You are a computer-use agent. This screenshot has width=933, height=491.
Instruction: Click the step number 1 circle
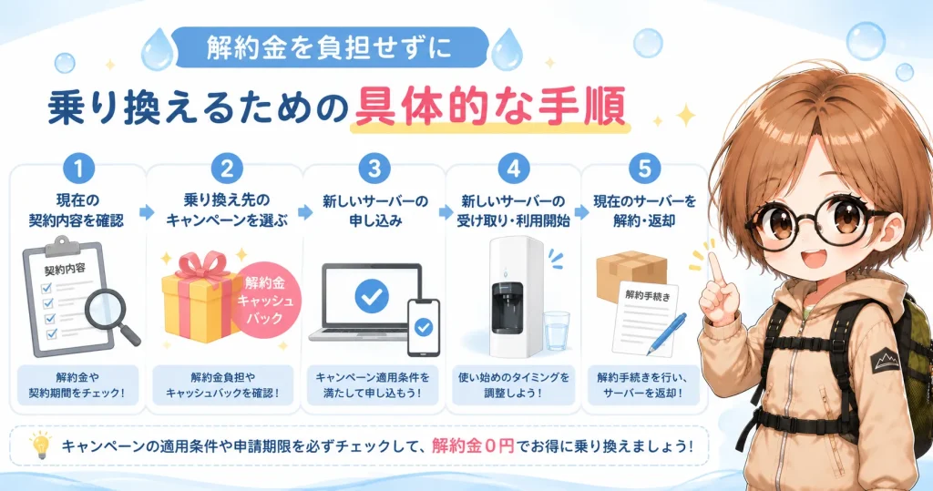pyautogui.click(x=78, y=169)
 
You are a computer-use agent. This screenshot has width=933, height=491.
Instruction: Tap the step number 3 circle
pyautogui.click(x=374, y=169)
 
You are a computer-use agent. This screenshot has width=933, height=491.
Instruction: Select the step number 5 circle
pyautogui.click(x=644, y=169)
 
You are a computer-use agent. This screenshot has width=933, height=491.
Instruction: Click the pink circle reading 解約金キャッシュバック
pyautogui.click(x=265, y=302)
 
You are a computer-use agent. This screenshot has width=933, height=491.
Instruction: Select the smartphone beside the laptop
pyautogui.click(x=423, y=327)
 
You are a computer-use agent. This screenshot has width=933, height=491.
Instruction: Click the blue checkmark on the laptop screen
pyautogui.click(x=372, y=296)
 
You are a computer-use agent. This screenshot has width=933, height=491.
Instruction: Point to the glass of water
pyautogui.click(x=557, y=330)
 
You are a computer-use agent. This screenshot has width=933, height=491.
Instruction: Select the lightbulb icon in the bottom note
pyautogui.click(x=40, y=445)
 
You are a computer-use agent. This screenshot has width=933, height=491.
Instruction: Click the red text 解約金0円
pyautogui.click(x=473, y=445)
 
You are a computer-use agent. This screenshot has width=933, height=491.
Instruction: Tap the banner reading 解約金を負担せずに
pyautogui.click(x=330, y=47)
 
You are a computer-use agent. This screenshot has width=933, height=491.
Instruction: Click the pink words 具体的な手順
pyautogui.click(x=489, y=107)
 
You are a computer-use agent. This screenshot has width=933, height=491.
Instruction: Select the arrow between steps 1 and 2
pyautogui.click(x=147, y=212)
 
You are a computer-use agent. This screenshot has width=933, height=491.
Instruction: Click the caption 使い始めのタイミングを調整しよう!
pyautogui.click(x=514, y=385)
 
